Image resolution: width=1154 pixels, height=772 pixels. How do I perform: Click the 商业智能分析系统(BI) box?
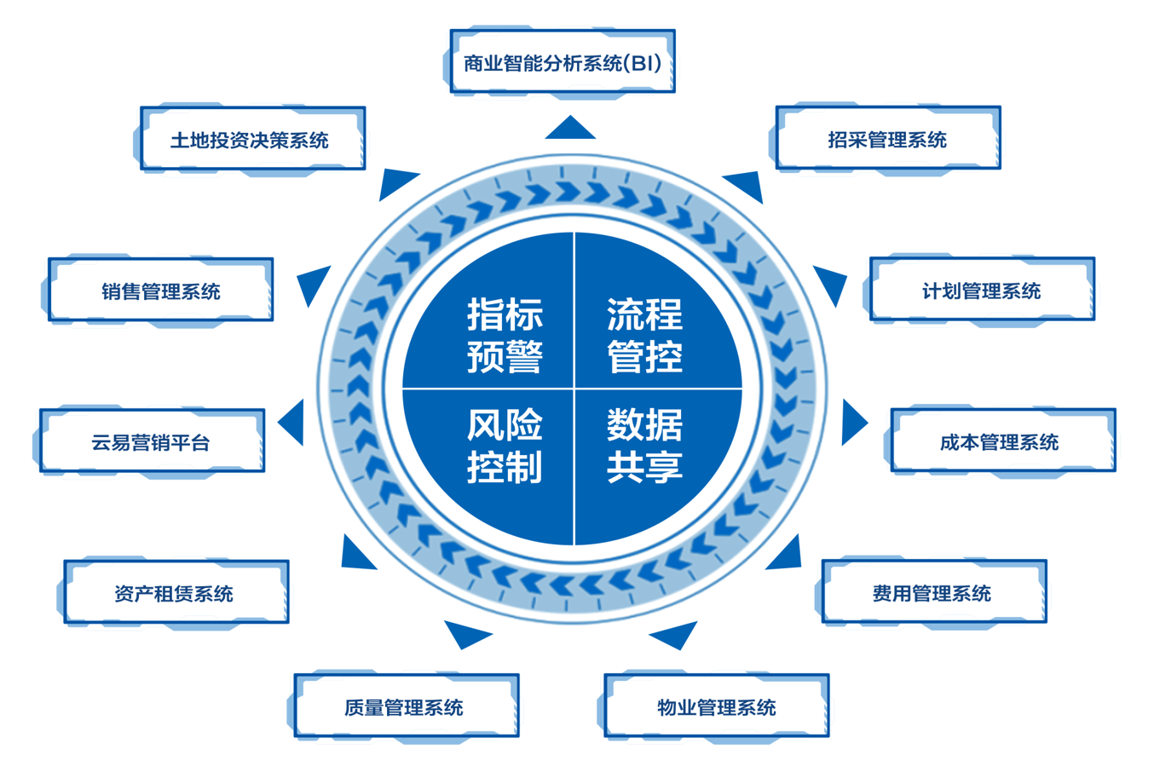pos(563,62)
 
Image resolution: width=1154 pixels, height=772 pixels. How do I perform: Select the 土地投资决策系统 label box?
pos(252,139)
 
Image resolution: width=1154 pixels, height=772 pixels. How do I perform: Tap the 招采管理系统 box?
pos(887,139)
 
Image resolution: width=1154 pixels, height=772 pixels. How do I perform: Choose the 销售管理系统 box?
pos(160,291)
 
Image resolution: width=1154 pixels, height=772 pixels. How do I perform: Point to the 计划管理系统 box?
pos(982,291)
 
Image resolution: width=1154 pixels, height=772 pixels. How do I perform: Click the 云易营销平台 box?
pos(152,441)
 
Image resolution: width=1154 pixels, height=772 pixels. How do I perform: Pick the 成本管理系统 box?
pos(1002,441)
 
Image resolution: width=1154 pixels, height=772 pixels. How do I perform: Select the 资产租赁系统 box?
pos(176,593)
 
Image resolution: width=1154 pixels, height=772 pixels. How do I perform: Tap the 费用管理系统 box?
pos(933,593)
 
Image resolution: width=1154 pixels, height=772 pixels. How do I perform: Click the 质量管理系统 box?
pos(406,706)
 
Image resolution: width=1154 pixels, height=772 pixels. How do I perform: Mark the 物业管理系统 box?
pos(716,706)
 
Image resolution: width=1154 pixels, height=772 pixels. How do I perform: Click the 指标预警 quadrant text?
pos(505,335)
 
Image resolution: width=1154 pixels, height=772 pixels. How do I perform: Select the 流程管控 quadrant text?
pos(644,335)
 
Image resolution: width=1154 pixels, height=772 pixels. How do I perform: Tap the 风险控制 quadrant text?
pos(505,446)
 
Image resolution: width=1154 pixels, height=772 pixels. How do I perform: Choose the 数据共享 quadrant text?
pos(644,446)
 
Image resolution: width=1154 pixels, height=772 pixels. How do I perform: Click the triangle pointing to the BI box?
pos(570,130)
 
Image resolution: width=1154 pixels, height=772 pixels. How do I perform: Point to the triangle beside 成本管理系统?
pos(851,423)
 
